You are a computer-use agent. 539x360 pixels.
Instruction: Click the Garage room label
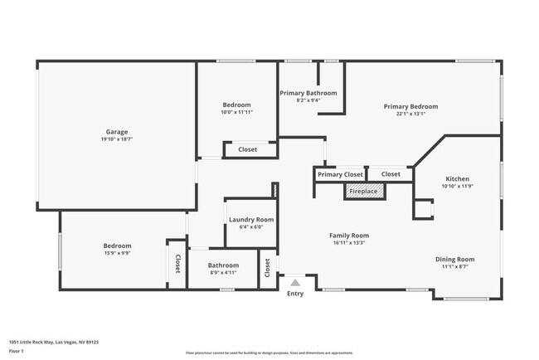[x=116, y=132]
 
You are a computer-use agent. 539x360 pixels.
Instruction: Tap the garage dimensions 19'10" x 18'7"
[x=116, y=139]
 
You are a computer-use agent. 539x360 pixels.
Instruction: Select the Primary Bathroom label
[x=308, y=93]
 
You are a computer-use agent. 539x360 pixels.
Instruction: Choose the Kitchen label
[x=457, y=179]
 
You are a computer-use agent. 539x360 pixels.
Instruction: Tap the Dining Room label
[x=454, y=259]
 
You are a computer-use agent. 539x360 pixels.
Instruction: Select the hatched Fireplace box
[x=363, y=192]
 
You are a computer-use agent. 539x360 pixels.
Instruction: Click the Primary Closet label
[x=340, y=174]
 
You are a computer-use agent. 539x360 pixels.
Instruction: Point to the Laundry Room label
[x=251, y=220]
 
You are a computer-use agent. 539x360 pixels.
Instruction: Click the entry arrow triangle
[x=294, y=283]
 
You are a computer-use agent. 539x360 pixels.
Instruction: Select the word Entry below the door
[x=294, y=293]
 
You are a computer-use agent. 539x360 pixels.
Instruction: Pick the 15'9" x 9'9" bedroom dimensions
[x=117, y=253]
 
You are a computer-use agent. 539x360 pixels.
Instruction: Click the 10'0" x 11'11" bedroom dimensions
[x=236, y=112]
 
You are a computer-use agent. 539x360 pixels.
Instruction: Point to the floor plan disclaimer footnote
[x=269, y=353]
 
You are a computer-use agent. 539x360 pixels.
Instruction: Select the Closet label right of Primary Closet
[x=391, y=174]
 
